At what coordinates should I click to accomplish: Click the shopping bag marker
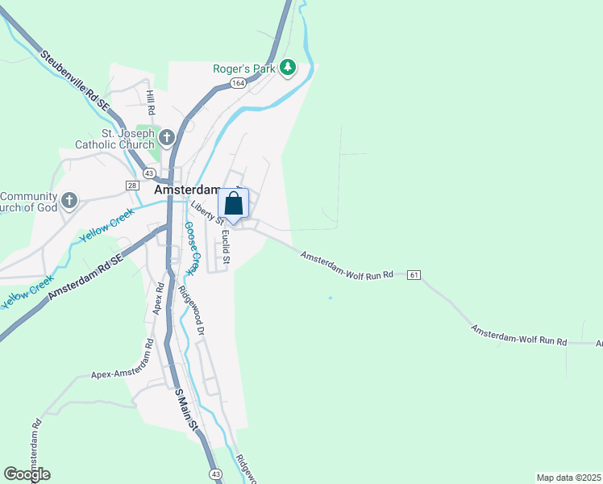234,204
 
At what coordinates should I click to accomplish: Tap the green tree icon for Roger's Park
288,69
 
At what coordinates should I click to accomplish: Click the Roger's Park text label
244,69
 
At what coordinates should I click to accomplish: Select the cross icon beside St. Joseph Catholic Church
167,137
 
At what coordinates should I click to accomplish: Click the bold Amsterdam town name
185,190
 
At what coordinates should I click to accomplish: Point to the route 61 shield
414,275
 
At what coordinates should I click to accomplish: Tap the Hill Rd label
151,102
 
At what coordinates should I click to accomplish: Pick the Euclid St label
227,247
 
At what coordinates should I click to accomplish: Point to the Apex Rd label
160,298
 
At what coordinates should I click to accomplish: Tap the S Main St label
186,412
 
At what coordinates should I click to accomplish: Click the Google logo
27,474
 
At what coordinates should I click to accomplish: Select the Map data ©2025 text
568,478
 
